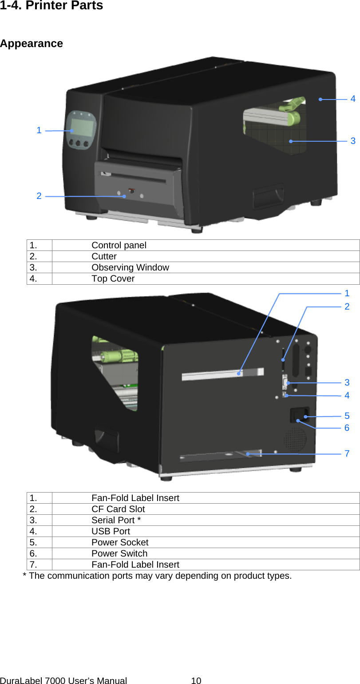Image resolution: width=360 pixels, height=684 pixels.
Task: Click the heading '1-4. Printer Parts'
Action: click(x=51, y=6)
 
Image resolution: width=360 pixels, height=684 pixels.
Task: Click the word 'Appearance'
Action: click(x=32, y=44)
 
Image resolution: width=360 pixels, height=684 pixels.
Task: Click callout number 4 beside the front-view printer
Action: click(x=353, y=99)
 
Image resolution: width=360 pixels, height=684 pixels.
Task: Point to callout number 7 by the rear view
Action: click(x=347, y=453)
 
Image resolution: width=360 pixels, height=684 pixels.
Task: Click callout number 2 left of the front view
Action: click(x=39, y=196)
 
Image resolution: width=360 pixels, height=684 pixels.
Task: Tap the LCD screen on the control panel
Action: click(x=82, y=127)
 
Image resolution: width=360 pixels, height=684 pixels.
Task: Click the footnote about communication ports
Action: click(x=157, y=576)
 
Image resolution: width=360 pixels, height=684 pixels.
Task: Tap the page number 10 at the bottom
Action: click(x=196, y=680)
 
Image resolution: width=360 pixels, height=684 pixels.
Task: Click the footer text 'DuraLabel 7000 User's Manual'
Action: click(x=63, y=680)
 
